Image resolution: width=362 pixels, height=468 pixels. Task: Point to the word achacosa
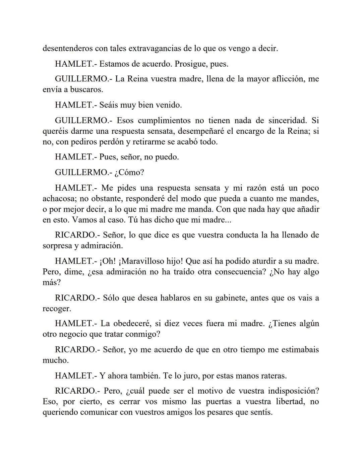pos(60,199)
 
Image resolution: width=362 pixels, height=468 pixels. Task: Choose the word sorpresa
pos(56,246)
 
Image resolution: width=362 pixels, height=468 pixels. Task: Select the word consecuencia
pos(240,272)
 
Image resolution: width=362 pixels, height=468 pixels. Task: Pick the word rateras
pos(273,376)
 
